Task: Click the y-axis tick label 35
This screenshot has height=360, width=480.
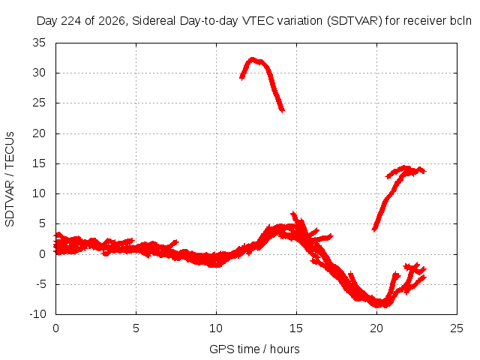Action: (x=39, y=43)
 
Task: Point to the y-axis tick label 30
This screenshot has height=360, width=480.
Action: (x=39, y=73)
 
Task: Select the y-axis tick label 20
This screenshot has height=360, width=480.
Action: (x=39, y=133)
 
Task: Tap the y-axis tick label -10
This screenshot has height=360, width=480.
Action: (x=38, y=314)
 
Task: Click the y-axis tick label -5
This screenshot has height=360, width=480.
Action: (x=41, y=284)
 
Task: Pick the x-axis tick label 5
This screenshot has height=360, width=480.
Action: (x=136, y=328)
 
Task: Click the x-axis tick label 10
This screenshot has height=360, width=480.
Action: (x=216, y=328)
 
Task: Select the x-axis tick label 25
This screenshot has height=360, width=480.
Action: (x=457, y=328)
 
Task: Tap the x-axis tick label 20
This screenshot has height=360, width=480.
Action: (x=376, y=328)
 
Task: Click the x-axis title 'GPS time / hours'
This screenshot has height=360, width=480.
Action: (x=254, y=349)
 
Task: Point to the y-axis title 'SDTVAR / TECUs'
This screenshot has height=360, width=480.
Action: (x=10, y=179)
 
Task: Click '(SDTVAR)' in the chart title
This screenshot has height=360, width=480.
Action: (x=355, y=21)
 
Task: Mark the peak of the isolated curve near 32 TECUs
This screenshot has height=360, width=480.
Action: (x=252, y=58)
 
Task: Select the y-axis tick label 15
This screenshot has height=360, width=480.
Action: (x=39, y=163)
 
